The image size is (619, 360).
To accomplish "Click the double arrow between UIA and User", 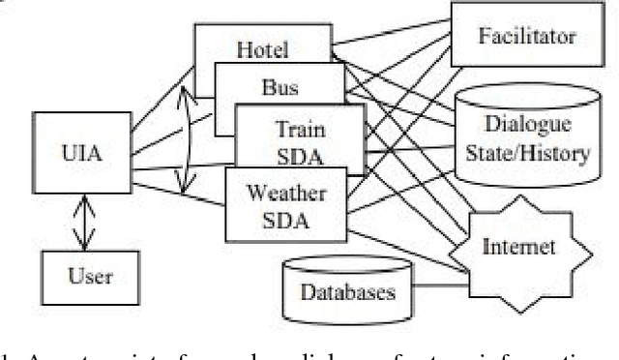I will pos(87,225).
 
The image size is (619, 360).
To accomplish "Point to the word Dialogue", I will pos(526,125).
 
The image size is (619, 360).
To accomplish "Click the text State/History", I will pos(526,150).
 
